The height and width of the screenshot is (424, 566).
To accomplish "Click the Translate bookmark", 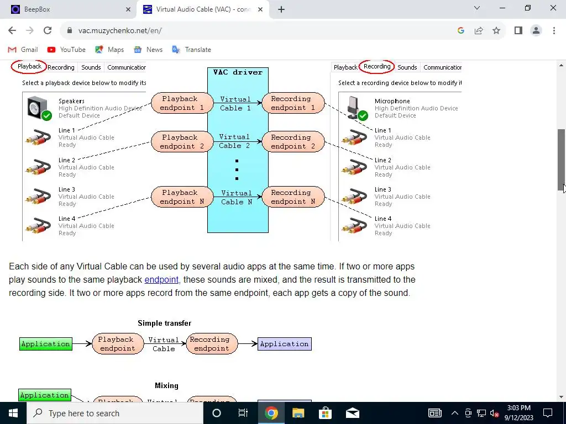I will click(191, 50).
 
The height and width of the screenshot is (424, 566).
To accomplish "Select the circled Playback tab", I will click(29, 67).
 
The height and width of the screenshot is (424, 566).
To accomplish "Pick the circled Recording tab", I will click(377, 67).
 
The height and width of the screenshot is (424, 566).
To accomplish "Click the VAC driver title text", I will click(238, 72).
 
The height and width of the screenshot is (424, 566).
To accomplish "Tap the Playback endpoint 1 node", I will click(182, 103).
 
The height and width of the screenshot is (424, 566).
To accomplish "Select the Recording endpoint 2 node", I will click(293, 142).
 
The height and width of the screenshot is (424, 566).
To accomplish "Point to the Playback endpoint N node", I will click(182, 197).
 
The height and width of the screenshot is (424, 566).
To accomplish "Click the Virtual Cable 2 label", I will click(234, 141).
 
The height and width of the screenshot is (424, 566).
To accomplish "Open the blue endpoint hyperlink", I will click(161, 280).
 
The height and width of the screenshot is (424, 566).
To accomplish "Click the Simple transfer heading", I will click(164, 324).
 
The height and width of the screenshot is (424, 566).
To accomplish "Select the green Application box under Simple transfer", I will click(45, 344).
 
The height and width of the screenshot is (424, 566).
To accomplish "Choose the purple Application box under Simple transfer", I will click(284, 344).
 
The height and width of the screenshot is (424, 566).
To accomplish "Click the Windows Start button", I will click(13, 413).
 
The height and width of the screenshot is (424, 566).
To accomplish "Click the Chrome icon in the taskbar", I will click(271, 413).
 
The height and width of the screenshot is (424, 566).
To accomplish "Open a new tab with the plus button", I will click(281, 9).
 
